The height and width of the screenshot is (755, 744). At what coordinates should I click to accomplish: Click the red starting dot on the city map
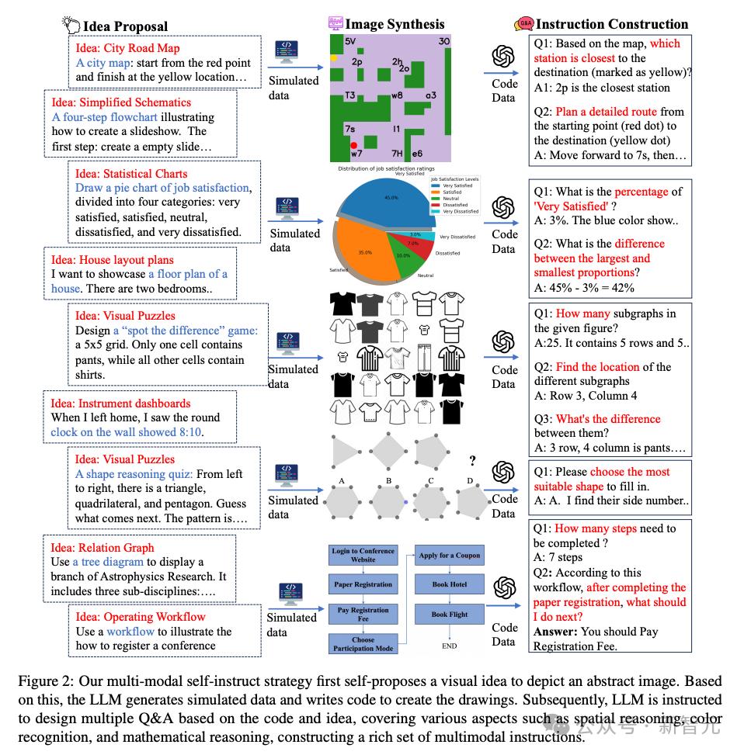point(354,145)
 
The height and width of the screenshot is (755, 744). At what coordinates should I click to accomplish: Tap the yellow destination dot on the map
point(334,58)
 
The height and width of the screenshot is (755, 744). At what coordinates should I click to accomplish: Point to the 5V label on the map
point(350,41)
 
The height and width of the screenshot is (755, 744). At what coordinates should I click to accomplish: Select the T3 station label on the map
point(350,96)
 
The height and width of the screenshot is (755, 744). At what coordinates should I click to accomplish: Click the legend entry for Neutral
point(451,199)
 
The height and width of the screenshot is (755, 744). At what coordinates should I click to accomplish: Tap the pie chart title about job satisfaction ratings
point(387,168)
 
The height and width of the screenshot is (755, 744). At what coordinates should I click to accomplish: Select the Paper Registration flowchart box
point(363,584)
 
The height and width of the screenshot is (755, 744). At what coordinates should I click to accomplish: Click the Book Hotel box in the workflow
point(450,584)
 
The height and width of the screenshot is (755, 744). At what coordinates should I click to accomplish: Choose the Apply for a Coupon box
point(450,555)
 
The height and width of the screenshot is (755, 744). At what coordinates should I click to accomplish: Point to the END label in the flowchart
point(450,646)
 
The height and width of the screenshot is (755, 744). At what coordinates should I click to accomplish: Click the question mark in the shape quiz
point(471,461)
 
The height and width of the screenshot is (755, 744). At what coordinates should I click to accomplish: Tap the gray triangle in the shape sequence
point(342,450)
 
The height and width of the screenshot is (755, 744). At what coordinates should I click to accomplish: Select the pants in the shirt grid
point(423,357)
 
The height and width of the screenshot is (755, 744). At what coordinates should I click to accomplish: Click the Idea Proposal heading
point(125,26)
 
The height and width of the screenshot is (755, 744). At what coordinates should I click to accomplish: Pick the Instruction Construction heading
point(611,24)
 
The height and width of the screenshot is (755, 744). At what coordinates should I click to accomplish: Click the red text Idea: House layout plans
point(113,260)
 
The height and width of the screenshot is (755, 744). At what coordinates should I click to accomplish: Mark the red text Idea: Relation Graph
point(103,548)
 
